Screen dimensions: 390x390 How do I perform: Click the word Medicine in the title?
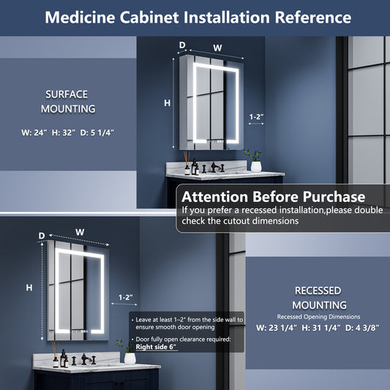coord(80,18)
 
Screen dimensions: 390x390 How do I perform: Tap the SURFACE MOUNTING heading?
coord(68,102)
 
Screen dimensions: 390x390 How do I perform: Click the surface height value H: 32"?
coord(64,132)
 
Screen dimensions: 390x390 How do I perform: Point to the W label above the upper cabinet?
coord(217,48)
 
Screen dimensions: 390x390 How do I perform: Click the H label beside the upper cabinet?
coord(167,102)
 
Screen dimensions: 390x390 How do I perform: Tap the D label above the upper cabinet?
coord(182,45)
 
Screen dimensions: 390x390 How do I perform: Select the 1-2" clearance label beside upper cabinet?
coord(256,116)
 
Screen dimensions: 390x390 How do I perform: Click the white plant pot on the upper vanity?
coord(256,166)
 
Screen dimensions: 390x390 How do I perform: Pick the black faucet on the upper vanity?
coord(214,167)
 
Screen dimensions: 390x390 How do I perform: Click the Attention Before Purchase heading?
coord(274,197)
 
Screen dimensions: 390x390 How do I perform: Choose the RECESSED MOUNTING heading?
coord(319,298)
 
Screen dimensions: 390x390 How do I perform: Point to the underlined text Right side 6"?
coord(156,347)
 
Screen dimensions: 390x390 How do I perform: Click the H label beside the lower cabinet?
coord(29,288)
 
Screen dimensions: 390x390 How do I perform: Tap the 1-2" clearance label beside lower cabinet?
coord(126,297)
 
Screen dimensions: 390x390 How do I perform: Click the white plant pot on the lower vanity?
coord(130,359)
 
